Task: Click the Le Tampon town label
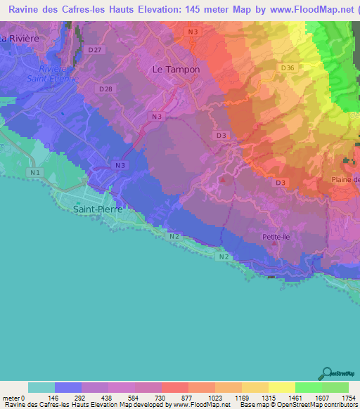coord(176,70)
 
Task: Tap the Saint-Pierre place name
coord(98,209)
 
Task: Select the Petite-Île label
coord(275,238)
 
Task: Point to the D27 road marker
coord(96,50)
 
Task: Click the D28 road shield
coord(106,89)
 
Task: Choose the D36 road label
coord(286,67)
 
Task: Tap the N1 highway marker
coord(34,171)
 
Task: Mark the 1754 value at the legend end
coord(348,397)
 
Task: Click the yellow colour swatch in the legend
coord(281,387)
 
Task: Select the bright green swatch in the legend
coord(308,387)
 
